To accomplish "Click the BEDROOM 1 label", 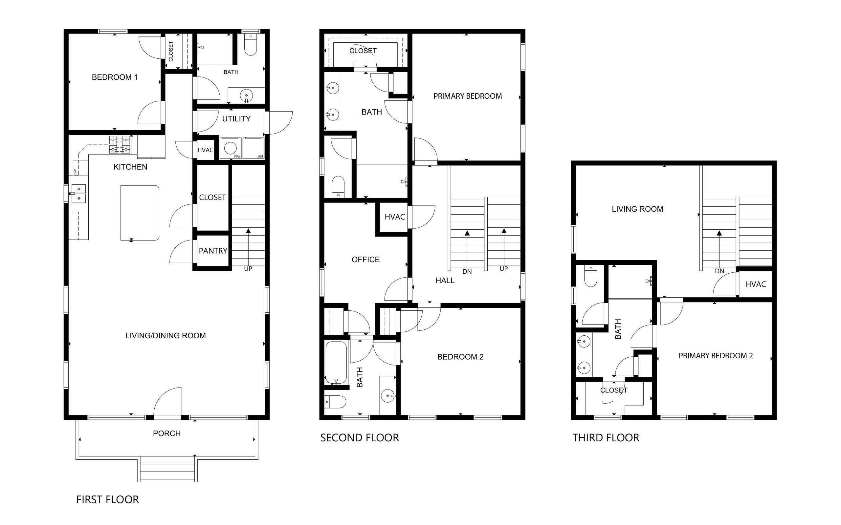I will click(x=114, y=77).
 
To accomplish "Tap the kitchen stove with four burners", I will click(x=120, y=145).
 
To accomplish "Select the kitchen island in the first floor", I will click(x=140, y=213).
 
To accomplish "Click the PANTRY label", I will click(x=213, y=251).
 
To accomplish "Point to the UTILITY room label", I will click(x=236, y=119).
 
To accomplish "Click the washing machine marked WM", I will click(x=230, y=149).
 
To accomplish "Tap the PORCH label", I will click(x=166, y=433).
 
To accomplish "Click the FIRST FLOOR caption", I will click(x=107, y=499).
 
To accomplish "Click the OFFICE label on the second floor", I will click(x=365, y=259).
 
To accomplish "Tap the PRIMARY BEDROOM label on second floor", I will click(x=467, y=96).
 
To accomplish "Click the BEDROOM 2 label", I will click(x=460, y=357).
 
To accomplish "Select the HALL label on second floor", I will click(x=445, y=281).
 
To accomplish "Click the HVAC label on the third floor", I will click(x=756, y=284).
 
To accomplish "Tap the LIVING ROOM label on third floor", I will click(x=637, y=209).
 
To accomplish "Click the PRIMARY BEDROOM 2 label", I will click(x=716, y=356).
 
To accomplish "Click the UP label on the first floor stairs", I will click(x=248, y=269).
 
